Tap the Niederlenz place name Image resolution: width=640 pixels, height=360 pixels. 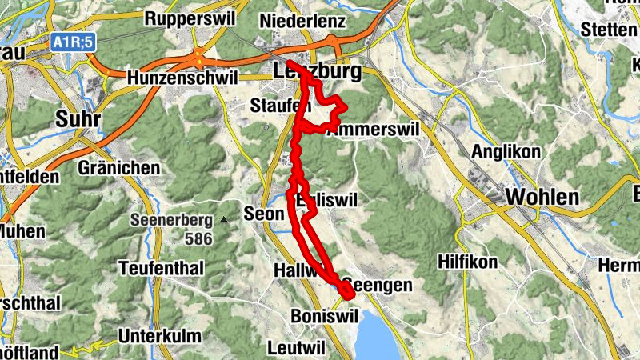point(303,20)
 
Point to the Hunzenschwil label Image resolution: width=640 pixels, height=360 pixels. point(183,78)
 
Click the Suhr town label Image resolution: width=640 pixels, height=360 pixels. point(78,119)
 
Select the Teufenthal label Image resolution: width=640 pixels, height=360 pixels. point(161,268)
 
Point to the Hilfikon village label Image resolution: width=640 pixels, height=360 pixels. point(468,262)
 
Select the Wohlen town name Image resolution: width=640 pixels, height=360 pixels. point(542,197)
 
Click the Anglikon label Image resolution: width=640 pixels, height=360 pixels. point(506,151)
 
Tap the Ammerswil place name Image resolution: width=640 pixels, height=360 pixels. point(367,129)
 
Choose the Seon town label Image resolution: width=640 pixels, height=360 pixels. point(264,214)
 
